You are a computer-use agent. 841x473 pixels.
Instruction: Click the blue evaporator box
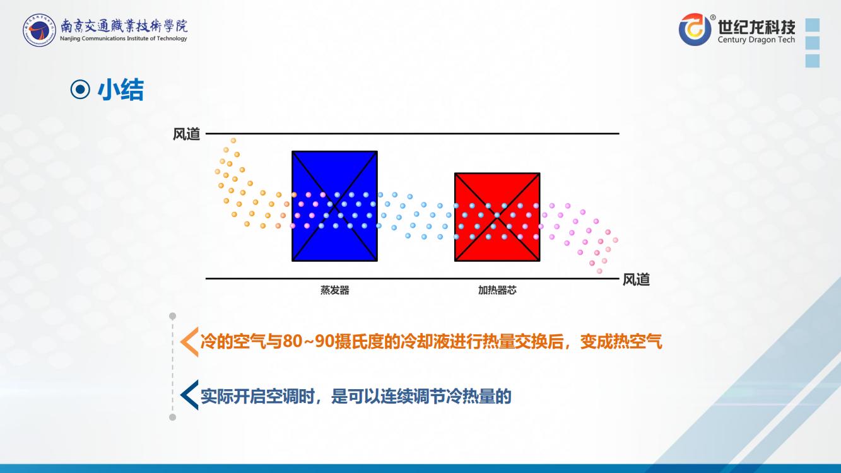coord(334,206)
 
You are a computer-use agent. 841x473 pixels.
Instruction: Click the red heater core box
coord(497,217)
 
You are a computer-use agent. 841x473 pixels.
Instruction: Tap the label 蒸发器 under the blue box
coord(334,290)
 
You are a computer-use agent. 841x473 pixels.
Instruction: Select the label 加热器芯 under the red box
coord(497,290)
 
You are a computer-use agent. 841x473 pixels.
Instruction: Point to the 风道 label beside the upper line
coord(186,134)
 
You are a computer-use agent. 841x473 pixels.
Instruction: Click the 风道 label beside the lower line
coord(636,279)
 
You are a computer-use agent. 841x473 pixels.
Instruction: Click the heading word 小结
coord(121,90)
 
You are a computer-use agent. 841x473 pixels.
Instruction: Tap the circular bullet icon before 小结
coord(80,90)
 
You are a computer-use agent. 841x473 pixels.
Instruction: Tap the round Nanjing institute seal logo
coord(39,30)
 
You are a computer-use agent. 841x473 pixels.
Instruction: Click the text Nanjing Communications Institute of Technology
coord(124,38)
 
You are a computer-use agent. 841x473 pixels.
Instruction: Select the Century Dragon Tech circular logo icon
coord(695,29)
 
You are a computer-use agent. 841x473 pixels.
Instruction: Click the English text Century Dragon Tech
coord(756,40)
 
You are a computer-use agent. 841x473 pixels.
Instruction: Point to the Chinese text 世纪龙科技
coord(756,26)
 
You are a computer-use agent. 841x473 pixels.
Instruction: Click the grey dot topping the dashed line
coord(173,316)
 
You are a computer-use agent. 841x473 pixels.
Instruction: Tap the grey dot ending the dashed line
coord(173,417)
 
